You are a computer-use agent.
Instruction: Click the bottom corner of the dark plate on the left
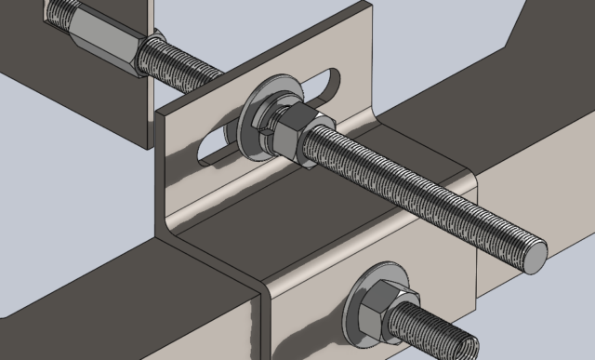pyautogui.click(x=149, y=148)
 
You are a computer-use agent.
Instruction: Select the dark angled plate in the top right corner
pyautogui.click(x=549, y=37)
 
